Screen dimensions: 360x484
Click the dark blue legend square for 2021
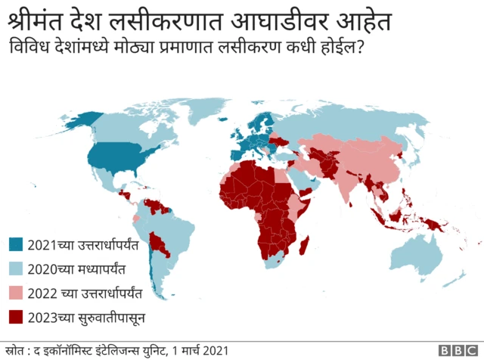pyautogui.click(x=15, y=245)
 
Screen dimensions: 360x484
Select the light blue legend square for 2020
pyautogui.click(x=15, y=268)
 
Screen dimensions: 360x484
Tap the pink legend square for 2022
pyautogui.click(x=15, y=293)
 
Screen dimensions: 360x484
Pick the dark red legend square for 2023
pyautogui.click(x=15, y=317)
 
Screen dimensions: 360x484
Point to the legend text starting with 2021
pyautogui.click(x=84, y=245)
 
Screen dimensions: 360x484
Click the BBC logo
pyautogui.click(x=458, y=351)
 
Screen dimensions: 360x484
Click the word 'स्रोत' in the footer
pyautogui.click(x=15, y=350)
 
